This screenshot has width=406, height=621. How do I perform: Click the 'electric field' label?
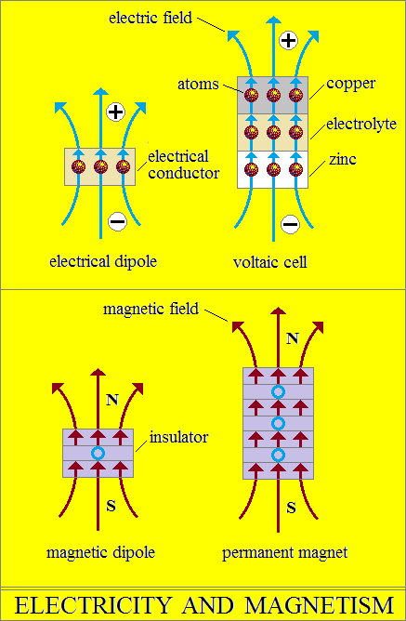point(151,18)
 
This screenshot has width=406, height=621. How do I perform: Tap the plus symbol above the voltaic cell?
point(288,40)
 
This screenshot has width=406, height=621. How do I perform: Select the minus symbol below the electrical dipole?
point(117,221)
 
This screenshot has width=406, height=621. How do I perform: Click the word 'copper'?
point(350,85)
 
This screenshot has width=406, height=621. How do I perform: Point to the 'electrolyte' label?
point(361,124)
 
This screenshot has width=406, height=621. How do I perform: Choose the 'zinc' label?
point(343,160)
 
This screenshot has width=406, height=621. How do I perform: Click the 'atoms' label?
point(198,85)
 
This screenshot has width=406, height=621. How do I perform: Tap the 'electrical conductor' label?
point(184,165)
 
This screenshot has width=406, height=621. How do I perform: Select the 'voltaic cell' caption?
point(269,262)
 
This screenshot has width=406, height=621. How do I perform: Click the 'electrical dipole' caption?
point(103,261)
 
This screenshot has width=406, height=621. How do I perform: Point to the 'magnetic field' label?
point(151,309)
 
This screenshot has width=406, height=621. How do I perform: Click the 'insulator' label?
point(179,437)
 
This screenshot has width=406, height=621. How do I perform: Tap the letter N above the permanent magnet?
point(292,338)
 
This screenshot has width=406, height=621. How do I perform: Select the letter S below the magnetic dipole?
point(111,506)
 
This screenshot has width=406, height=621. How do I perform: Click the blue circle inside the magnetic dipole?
point(98,453)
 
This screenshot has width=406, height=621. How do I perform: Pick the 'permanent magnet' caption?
point(285,553)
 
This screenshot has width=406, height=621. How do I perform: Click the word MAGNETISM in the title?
point(320,605)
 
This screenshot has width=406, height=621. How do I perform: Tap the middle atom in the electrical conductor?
point(100,166)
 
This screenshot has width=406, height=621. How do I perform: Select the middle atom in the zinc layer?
point(273,169)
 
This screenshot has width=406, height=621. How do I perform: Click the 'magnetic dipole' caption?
point(101,552)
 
